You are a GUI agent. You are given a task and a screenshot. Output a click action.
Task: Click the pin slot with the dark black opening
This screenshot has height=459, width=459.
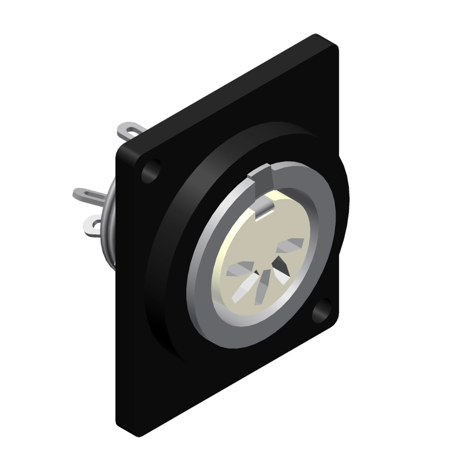point(281,272)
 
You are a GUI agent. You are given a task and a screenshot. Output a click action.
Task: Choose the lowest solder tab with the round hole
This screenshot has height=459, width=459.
point(94,223)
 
